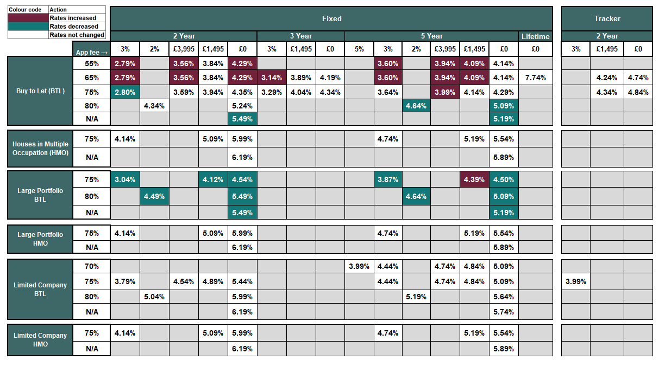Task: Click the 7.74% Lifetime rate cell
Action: (535, 78)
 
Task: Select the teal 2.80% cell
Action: (125, 92)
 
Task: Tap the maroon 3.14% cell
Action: (271, 78)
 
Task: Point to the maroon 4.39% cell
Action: (474, 179)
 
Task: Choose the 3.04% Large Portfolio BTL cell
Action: (125, 179)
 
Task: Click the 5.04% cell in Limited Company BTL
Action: (154, 297)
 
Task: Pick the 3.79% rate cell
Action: (125, 281)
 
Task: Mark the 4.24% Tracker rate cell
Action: (607, 78)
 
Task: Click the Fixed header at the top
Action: (331, 18)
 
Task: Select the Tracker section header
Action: (607, 18)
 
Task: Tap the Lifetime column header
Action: (535, 36)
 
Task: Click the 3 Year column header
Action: (300, 36)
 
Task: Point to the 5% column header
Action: (359, 49)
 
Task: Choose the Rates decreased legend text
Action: (73, 26)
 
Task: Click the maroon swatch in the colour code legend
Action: (28, 18)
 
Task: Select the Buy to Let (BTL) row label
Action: (40, 91)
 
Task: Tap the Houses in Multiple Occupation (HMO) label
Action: (40, 149)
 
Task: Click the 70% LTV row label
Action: (92, 266)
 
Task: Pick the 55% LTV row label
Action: (92, 63)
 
